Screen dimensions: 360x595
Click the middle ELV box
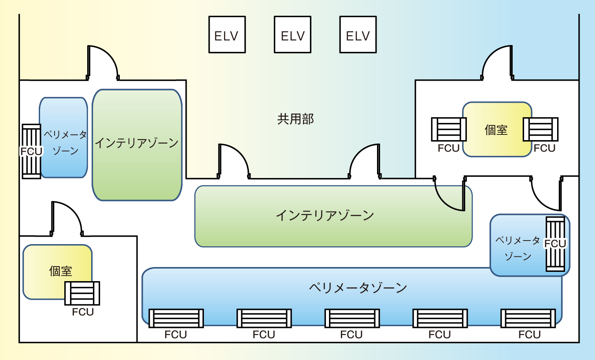(292, 35)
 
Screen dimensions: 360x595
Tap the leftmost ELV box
(226, 35)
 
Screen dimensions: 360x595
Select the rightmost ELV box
(358, 35)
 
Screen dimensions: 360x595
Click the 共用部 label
(296, 119)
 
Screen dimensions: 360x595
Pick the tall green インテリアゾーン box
(137, 145)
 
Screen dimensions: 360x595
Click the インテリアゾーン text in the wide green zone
(325, 215)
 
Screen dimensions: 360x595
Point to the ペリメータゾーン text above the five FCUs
(358, 288)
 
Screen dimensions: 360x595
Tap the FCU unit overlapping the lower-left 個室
(82, 293)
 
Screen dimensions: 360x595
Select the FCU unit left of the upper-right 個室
(449, 130)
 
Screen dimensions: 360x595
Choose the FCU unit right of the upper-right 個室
(540, 130)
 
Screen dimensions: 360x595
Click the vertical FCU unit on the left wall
(31, 151)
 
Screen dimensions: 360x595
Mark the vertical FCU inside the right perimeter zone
(555, 244)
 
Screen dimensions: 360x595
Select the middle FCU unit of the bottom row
(352, 318)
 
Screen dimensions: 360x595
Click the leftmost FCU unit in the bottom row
(176, 318)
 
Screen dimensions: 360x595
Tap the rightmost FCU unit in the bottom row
(528, 318)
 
